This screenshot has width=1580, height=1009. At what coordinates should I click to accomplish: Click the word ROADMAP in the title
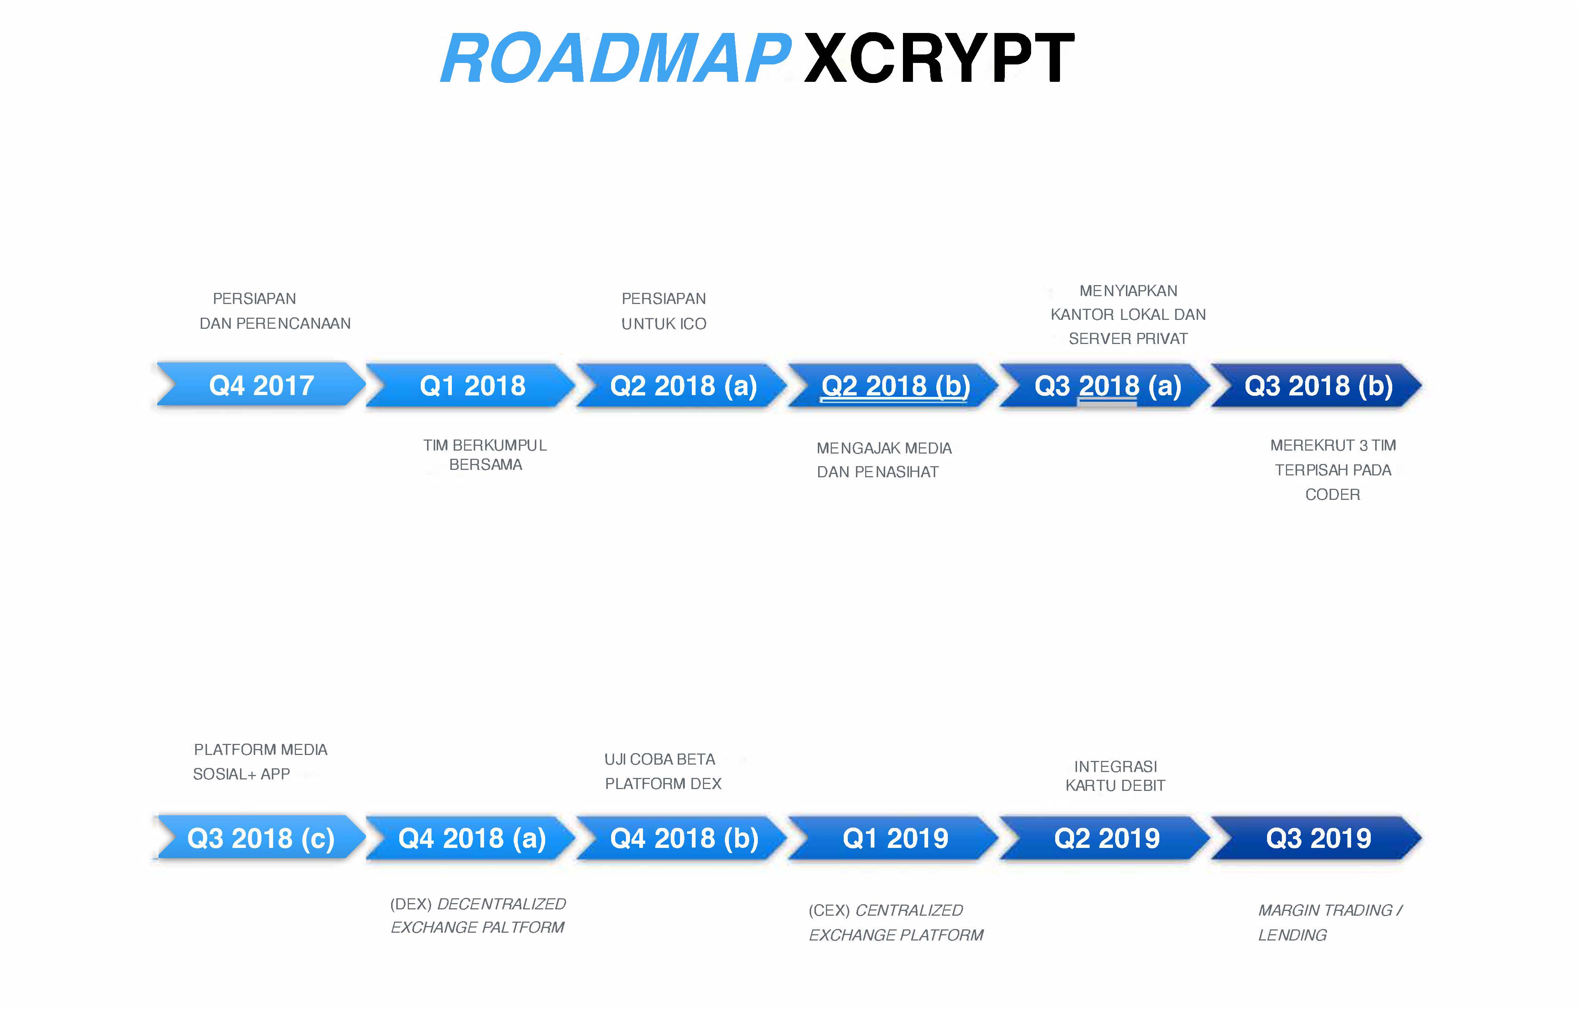[616, 59]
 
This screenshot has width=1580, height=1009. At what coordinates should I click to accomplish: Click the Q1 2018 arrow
[471, 385]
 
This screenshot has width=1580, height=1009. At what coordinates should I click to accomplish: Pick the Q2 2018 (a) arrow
[682, 385]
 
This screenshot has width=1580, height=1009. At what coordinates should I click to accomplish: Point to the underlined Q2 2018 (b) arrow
[894, 385]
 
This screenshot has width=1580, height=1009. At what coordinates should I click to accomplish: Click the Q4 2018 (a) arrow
[471, 838]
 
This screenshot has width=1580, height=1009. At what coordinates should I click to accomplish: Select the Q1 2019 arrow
[894, 838]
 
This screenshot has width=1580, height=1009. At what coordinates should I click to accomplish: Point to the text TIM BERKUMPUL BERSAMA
[485, 455]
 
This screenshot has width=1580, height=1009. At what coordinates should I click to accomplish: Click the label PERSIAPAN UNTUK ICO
[664, 311]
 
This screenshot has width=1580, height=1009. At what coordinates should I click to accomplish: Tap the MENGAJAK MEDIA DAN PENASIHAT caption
[884, 460]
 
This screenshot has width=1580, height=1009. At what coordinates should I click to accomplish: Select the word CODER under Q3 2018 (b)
[1333, 495]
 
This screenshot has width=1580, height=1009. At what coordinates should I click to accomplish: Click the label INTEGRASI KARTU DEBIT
[1116, 776]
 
